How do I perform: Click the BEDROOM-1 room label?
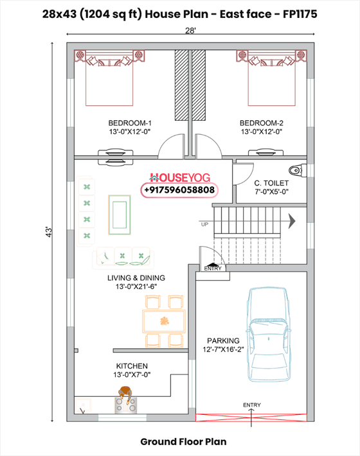(130, 123)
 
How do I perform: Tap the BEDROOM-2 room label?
(262, 123)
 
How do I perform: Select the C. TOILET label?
(271, 183)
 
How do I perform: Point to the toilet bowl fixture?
(298, 170)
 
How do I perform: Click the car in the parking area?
(268, 335)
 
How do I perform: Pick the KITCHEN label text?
(132, 366)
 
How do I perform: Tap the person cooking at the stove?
(125, 394)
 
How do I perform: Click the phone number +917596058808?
(179, 190)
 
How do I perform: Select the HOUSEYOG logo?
(179, 177)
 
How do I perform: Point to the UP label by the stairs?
(204, 225)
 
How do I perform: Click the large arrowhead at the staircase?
(292, 222)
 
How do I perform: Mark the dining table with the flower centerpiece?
(164, 321)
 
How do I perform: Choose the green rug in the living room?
(120, 215)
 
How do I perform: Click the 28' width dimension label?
(191, 31)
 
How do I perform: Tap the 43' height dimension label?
(49, 232)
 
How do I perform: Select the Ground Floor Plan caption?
(183, 442)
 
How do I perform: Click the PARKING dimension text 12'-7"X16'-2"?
(223, 349)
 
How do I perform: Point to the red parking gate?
(251, 417)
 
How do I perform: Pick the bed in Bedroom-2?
(271, 78)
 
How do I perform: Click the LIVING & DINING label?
(136, 278)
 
